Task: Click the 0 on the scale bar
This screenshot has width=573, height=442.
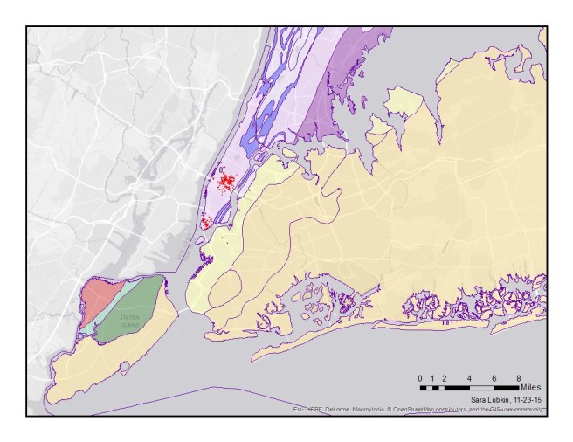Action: point(420,377)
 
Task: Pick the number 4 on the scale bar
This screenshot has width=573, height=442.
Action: point(470,377)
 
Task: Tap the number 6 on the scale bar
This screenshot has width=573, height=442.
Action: point(494,377)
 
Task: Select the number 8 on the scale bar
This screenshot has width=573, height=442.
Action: point(519,377)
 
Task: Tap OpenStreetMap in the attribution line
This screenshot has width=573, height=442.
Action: point(416,408)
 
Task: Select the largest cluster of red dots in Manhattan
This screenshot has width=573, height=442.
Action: point(226,182)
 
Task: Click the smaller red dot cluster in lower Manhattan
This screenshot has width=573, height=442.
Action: point(205,223)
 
